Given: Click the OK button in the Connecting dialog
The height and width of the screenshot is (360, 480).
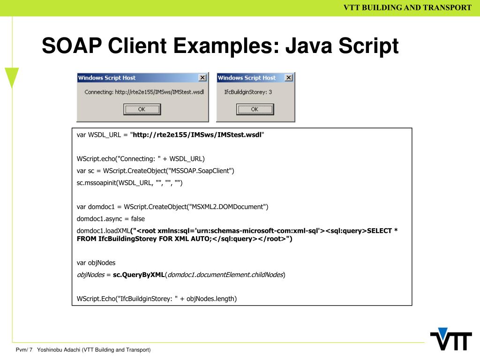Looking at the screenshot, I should point(142,109).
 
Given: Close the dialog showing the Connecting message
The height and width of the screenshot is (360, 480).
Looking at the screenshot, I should point(202,78).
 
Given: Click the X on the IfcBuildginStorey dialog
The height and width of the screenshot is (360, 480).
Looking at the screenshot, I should point(288,78).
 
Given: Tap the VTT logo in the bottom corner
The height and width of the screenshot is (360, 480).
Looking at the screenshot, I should point(451,339).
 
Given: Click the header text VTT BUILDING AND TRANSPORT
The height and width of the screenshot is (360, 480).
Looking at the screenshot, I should point(407,7).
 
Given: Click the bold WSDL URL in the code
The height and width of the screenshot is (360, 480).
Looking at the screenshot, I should point(197,135).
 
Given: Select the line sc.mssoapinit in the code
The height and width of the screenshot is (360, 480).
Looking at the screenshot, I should point(130,183).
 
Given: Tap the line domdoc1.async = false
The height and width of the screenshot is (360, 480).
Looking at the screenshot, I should point(111,218).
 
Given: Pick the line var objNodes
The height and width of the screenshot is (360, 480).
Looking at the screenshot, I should point(96,262).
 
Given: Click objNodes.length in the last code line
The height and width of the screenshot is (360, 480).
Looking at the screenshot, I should point(212,298).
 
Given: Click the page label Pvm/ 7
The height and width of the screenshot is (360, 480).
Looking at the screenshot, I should point(24,350).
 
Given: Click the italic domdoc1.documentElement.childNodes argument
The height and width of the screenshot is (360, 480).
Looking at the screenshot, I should point(225,275).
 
